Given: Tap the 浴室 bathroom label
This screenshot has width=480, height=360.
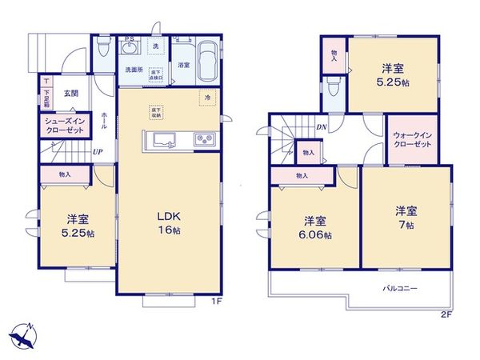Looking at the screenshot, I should (x=182, y=64).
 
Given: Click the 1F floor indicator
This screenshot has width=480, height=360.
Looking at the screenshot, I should (x=216, y=302).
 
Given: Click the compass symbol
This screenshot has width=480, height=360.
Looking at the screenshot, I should (x=26, y=334).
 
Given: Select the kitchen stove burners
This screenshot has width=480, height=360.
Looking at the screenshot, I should (x=203, y=141).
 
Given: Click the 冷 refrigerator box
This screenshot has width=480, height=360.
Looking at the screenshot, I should (x=207, y=98).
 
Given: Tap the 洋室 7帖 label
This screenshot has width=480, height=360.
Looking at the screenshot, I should (x=402, y=217).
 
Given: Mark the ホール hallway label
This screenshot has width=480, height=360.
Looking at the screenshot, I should (x=104, y=120).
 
